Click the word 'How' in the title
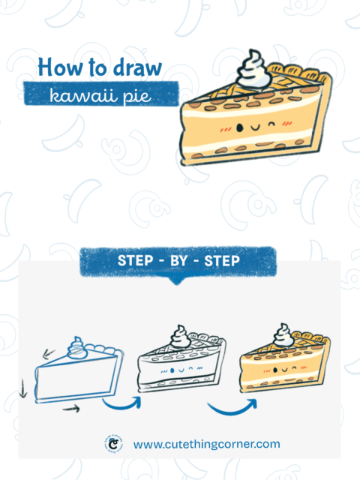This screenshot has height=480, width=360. [57, 67]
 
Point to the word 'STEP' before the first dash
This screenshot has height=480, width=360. [136, 261]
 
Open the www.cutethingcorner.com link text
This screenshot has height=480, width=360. [206, 444]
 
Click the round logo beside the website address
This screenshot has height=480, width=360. [113, 444]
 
